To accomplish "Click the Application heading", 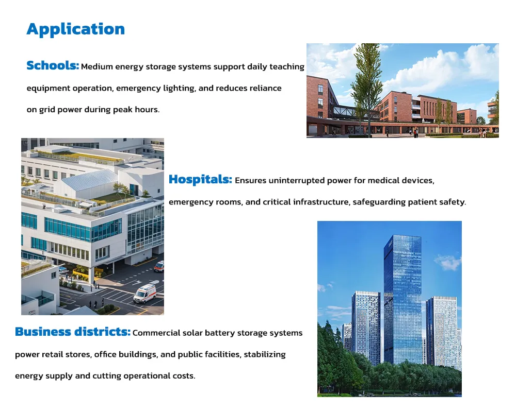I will pos(75,29).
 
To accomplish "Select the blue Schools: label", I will pos(53,66).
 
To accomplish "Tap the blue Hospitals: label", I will pos(200,180).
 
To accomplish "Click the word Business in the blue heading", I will pos(43,332).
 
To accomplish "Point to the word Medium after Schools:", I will pos(96,67).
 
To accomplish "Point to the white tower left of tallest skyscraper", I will pos(366,324).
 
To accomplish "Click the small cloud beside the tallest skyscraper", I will pos(448,262).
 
